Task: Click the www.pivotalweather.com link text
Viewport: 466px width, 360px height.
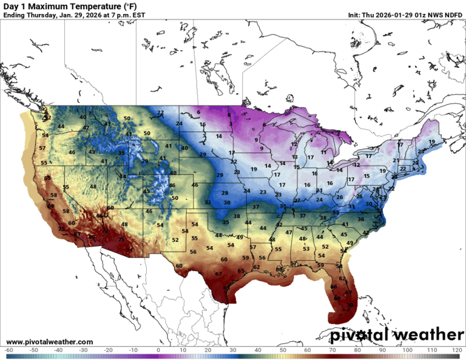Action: click(50, 342)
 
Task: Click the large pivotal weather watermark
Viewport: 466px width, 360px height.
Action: click(397, 335)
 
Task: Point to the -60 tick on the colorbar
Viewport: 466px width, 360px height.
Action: click(8, 350)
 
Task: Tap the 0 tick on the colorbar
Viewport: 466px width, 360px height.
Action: click(158, 350)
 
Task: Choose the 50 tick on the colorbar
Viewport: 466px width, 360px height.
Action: click(283, 350)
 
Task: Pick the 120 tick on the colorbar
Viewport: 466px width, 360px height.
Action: click(456, 350)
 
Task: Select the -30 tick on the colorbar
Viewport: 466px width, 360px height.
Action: click(84, 350)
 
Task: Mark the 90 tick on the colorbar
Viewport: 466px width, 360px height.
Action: click(382, 350)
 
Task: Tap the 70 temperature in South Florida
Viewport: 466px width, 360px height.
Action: click(349, 305)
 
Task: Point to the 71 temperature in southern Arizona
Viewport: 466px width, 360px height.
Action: click(129, 249)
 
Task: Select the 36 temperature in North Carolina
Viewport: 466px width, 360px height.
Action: click(360, 219)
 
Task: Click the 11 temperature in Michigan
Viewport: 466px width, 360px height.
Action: click(323, 152)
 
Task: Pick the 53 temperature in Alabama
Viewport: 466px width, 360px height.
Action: click(306, 248)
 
